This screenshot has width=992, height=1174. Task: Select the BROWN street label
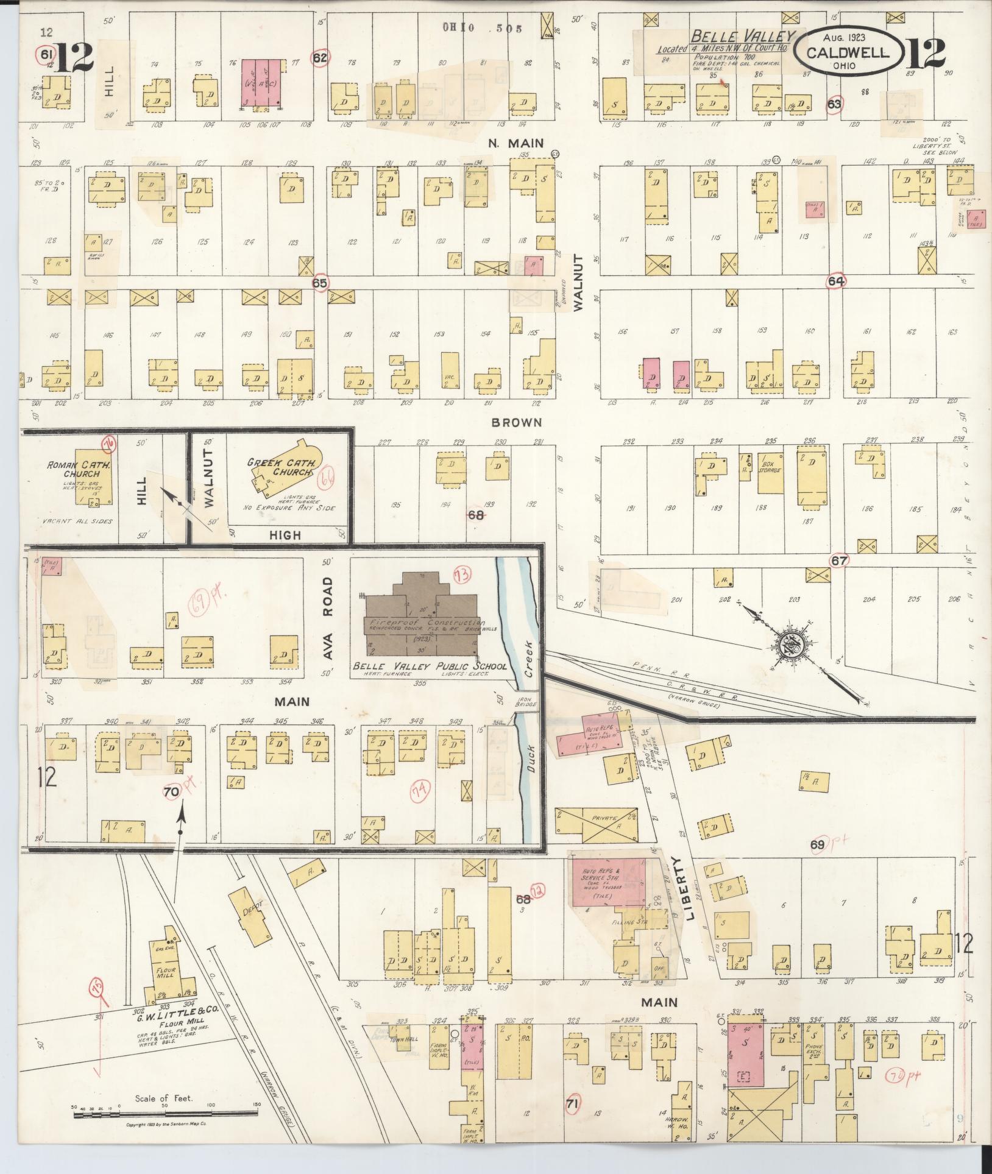click(517, 422)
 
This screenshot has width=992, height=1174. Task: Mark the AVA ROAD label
click(328, 618)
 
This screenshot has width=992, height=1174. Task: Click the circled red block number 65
click(320, 283)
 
